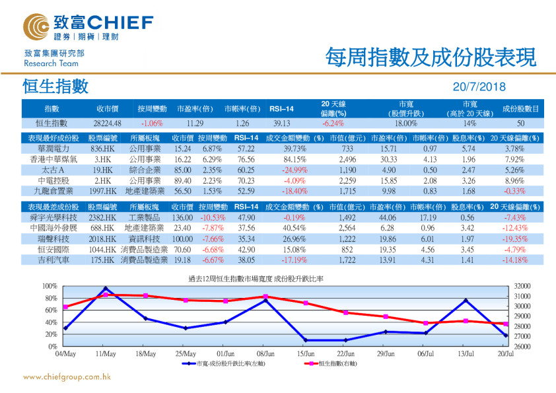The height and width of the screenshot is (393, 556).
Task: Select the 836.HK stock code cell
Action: pyautogui.click(x=103, y=149)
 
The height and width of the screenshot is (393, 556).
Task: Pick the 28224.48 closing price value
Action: pyautogui.click(x=107, y=123)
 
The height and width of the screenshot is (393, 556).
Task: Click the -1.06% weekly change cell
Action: pyautogui.click(x=152, y=123)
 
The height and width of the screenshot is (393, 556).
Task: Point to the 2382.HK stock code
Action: pyautogui.click(x=103, y=217)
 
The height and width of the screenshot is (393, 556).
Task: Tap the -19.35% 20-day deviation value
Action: pyautogui.click(x=514, y=238)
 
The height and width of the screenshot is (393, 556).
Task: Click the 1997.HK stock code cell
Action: pyautogui.click(x=103, y=191)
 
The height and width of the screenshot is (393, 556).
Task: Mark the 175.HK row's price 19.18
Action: pyautogui.click(x=182, y=260)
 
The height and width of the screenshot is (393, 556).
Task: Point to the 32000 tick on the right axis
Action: pyautogui.click(x=522, y=286)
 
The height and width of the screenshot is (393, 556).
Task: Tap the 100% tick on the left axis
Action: pyautogui.click(x=50, y=286)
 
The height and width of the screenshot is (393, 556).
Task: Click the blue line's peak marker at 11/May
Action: pyautogui.click(x=106, y=289)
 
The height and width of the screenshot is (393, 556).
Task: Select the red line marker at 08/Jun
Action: pyautogui.click(x=265, y=297)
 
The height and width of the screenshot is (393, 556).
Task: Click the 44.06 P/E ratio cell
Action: pyautogui.click(x=387, y=217)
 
